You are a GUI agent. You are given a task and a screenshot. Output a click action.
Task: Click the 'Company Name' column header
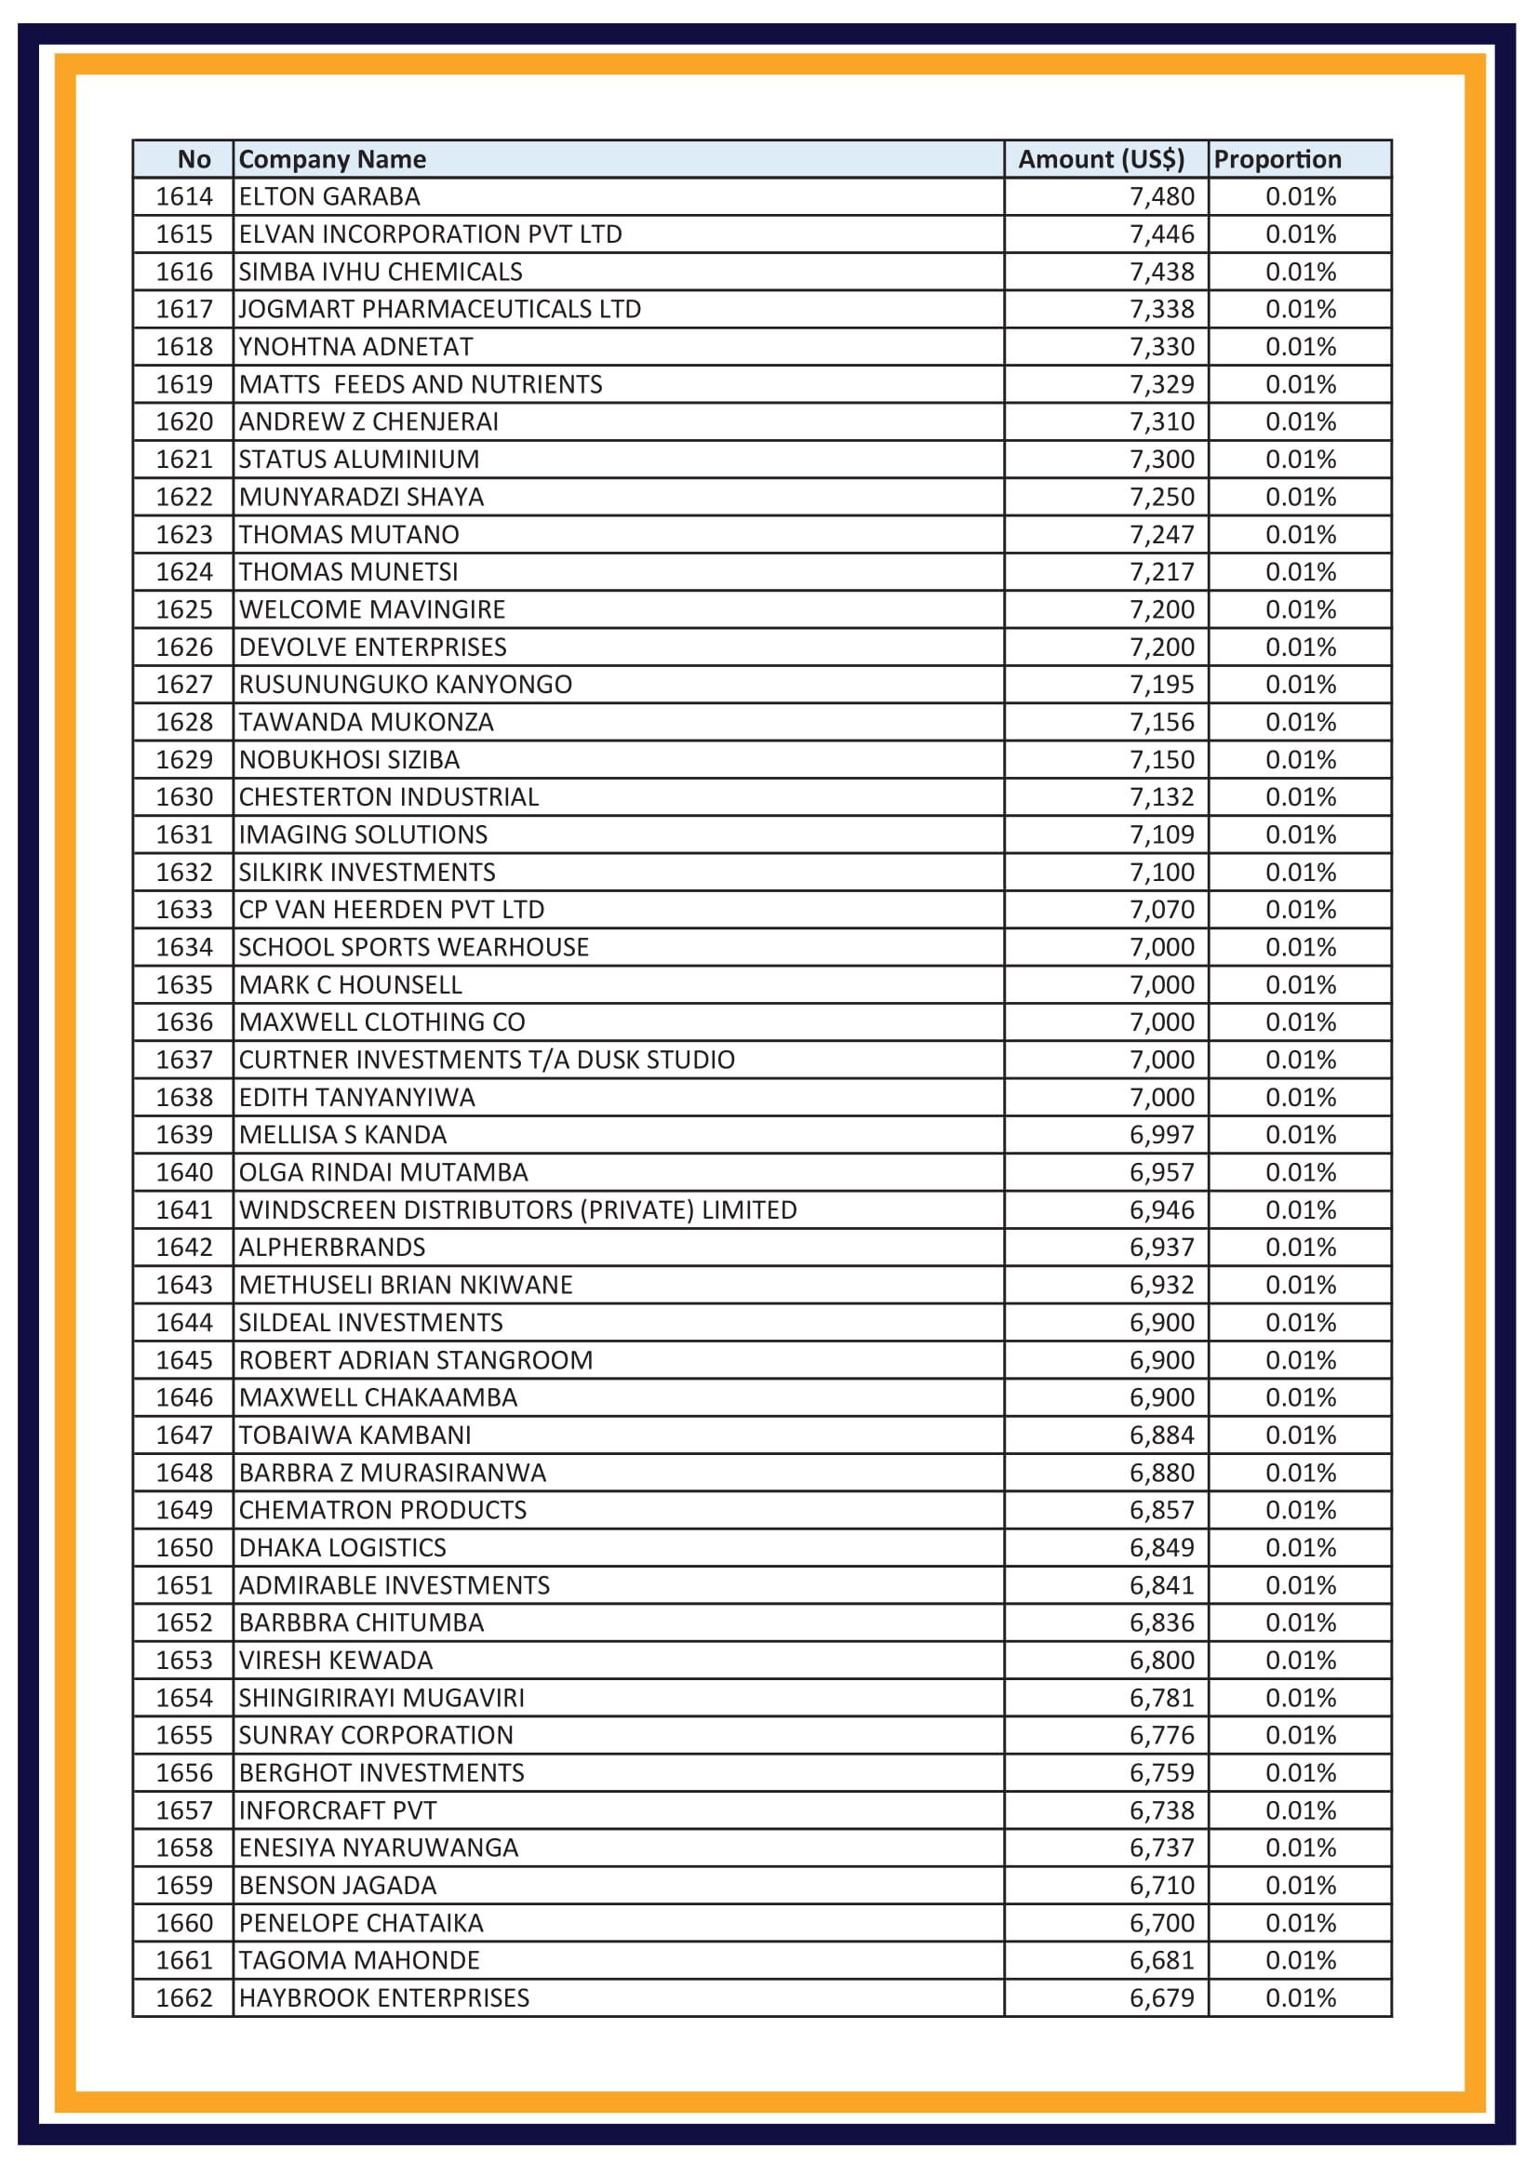pos(331,159)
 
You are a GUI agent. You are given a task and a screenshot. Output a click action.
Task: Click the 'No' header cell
pos(194,159)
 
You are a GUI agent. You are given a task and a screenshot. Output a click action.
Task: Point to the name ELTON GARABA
pos(328,196)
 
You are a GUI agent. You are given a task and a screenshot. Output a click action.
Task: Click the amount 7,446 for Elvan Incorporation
pos(1161,234)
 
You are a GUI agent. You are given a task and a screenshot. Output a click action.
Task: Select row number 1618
pos(184,347)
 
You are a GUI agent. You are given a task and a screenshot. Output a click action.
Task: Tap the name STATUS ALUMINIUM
pos(358,460)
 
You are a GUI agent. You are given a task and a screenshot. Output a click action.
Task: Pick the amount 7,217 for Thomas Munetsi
pos(1161,572)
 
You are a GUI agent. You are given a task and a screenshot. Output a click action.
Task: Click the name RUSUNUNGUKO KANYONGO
pos(405,685)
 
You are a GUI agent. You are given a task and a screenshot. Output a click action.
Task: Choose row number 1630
pos(184,797)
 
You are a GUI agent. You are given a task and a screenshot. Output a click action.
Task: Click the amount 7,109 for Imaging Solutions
pos(1161,834)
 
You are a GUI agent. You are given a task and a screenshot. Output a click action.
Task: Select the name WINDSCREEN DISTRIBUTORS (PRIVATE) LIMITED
pos(517,1210)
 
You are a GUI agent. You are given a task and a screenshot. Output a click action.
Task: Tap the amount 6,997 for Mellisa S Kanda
pos(1161,1134)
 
